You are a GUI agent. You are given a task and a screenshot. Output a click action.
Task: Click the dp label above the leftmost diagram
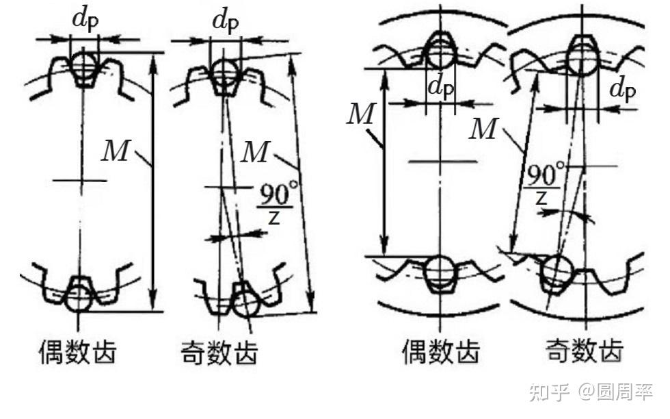[85, 20]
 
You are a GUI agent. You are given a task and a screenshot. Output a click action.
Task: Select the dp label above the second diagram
[226, 20]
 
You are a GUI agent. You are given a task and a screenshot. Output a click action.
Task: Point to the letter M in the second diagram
[255, 153]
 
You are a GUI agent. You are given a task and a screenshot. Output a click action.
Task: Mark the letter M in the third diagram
[360, 114]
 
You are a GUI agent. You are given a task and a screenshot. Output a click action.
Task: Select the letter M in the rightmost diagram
[483, 128]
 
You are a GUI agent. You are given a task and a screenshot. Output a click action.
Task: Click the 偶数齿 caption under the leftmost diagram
[77, 352]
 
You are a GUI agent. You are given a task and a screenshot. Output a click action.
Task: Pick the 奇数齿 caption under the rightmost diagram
[585, 351]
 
